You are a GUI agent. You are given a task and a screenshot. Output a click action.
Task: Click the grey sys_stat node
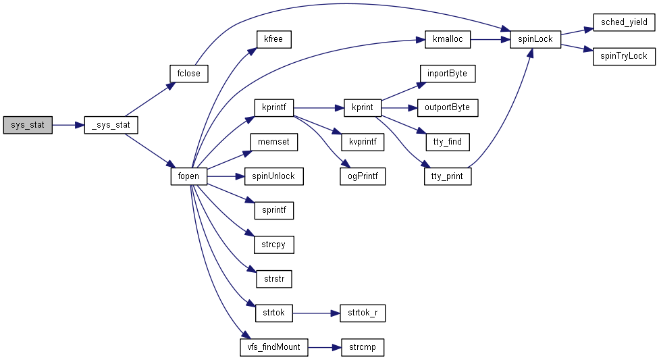pyautogui.click(x=28, y=125)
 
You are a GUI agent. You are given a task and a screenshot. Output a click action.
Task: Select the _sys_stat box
pyautogui.click(x=111, y=125)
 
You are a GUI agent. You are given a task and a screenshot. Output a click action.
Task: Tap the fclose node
pyautogui.click(x=188, y=73)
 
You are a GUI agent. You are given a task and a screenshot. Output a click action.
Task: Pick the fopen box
pyautogui.click(x=188, y=177)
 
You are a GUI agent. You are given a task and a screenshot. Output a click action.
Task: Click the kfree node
pyautogui.click(x=273, y=39)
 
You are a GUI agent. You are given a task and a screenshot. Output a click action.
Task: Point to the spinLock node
pyautogui.click(x=536, y=39)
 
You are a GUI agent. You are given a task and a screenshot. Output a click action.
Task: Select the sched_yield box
pyautogui.click(x=624, y=22)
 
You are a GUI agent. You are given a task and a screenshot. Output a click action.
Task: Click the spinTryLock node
pyautogui.click(x=624, y=56)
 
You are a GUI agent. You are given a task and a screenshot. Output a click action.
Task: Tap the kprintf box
pyautogui.click(x=273, y=107)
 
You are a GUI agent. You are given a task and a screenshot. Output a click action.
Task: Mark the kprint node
pyautogui.click(x=363, y=107)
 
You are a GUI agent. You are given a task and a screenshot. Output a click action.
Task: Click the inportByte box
pyautogui.click(x=447, y=73)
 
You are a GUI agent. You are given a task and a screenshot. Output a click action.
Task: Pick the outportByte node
pyautogui.click(x=447, y=107)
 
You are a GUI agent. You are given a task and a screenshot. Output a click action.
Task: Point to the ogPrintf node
pyautogui.click(x=363, y=177)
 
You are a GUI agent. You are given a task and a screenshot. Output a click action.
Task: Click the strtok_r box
pyautogui.click(x=363, y=313)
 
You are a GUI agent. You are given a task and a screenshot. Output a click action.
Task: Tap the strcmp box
pyautogui.click(x=363, y=348)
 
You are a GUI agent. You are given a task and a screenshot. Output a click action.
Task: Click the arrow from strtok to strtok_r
pyautogui.click(x=314, y=313)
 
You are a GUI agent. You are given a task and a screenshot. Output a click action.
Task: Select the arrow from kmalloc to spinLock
pyautogui.click(x=490, y=39)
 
